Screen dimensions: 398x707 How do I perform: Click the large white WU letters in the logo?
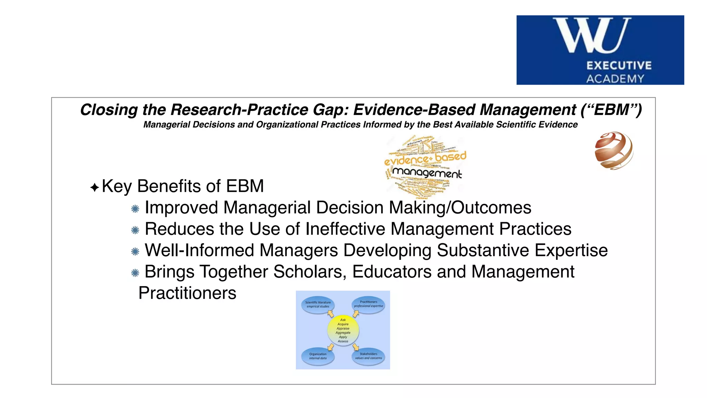592,36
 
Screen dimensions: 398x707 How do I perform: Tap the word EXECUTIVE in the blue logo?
619,66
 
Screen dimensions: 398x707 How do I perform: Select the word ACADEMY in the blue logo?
615,79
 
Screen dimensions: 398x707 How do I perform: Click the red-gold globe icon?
614,151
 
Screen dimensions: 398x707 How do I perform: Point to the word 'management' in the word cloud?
427,172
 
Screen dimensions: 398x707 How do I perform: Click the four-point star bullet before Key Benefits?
95,188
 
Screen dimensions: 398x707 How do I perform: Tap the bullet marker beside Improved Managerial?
135,209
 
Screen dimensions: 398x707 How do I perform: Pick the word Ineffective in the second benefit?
345,229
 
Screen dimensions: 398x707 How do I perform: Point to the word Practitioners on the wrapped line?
187,293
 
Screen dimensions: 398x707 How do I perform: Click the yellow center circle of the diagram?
343,331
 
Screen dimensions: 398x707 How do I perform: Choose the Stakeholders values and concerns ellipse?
368,356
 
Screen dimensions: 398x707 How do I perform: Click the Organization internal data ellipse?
318,357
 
